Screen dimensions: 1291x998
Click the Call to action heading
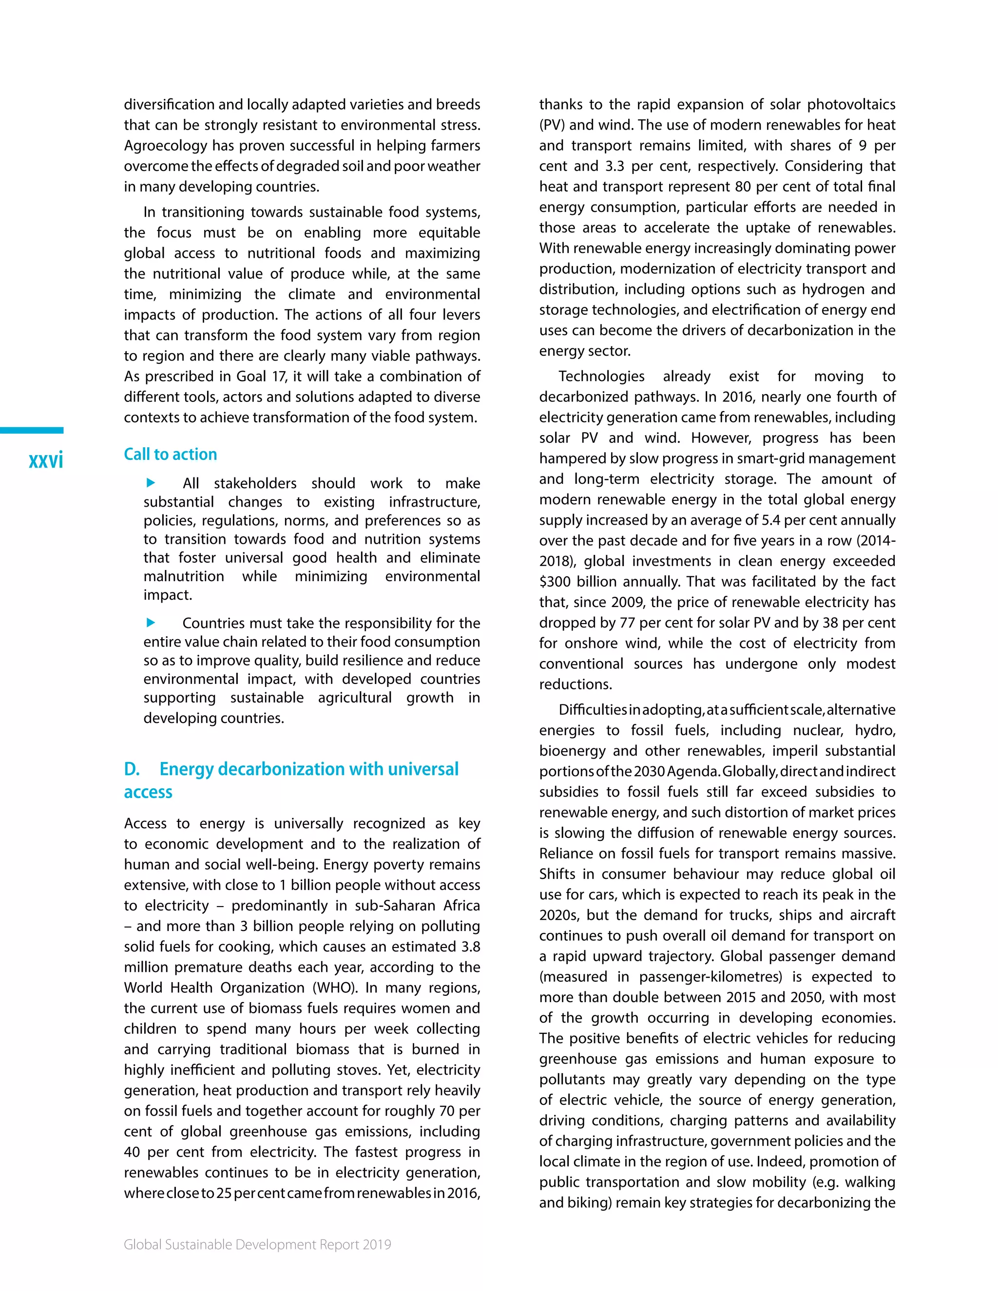170,454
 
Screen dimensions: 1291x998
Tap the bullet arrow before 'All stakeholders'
151,483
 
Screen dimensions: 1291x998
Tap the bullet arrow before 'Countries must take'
151,623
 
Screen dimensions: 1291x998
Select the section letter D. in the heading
132,769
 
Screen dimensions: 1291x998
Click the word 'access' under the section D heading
148,792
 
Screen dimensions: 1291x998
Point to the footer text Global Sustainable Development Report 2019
257,1244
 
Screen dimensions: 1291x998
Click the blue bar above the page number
31,430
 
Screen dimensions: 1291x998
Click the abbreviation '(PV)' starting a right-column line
552,125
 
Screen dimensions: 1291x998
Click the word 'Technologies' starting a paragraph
601,377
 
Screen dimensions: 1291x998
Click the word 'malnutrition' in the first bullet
183,576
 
